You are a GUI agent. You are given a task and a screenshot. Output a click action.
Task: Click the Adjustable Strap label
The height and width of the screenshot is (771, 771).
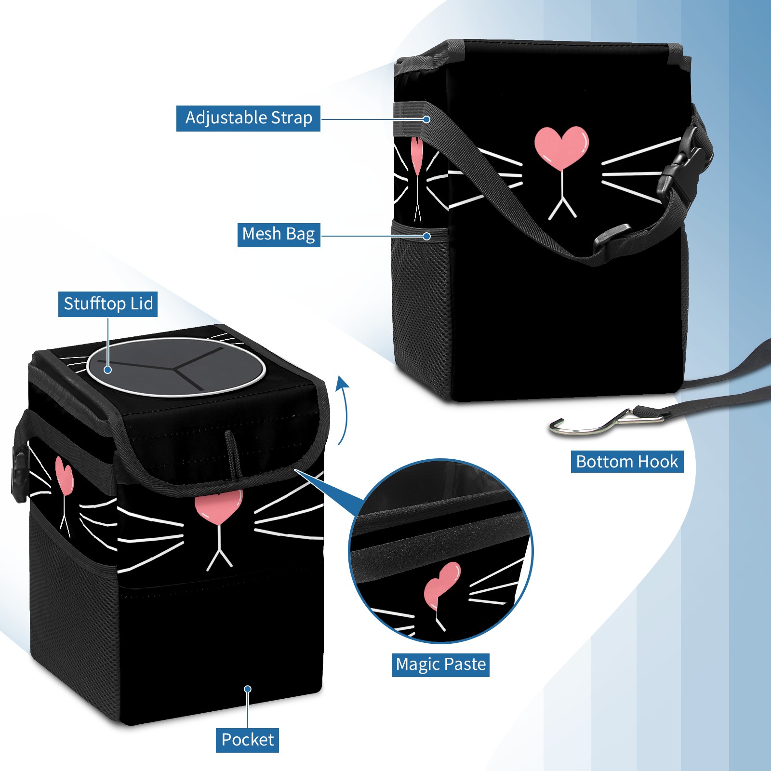[248, 118]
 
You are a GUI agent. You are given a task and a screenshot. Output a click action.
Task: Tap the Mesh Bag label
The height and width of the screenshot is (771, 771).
[279, 235]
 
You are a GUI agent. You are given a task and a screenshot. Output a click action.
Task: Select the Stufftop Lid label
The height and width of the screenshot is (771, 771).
[108, 304]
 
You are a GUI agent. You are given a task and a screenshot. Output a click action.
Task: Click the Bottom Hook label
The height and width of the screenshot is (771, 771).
[627, 462]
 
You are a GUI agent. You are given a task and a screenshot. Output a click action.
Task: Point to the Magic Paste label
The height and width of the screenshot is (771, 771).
[441, 665]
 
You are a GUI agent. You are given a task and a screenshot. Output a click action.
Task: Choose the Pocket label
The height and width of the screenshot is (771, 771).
[247, 740]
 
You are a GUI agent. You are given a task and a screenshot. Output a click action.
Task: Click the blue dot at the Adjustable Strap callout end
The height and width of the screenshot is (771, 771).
[426, 119]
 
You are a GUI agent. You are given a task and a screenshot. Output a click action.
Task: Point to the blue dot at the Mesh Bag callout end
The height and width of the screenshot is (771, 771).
[426, 236]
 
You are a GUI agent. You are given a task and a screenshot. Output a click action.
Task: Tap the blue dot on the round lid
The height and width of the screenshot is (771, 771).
[108, 370]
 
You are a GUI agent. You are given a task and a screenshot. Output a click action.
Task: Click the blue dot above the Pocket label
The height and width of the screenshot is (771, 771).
[248, 689]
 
